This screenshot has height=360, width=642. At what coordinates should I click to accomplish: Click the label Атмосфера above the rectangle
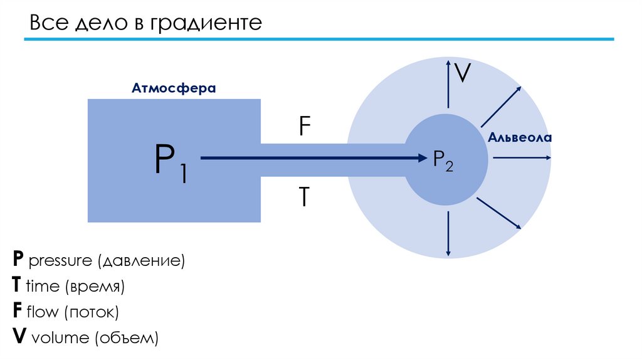(174, 88)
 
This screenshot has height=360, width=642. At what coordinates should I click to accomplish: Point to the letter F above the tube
(304, 128)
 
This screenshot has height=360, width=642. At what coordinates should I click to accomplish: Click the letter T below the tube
(303, 197)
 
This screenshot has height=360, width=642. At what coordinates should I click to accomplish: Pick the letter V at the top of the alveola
(463, 73)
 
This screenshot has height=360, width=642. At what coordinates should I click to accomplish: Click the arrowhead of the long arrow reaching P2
(421, 159)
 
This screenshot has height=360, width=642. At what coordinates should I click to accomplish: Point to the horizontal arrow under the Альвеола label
(522, 158)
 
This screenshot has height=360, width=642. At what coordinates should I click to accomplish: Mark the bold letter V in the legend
(19, 337)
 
